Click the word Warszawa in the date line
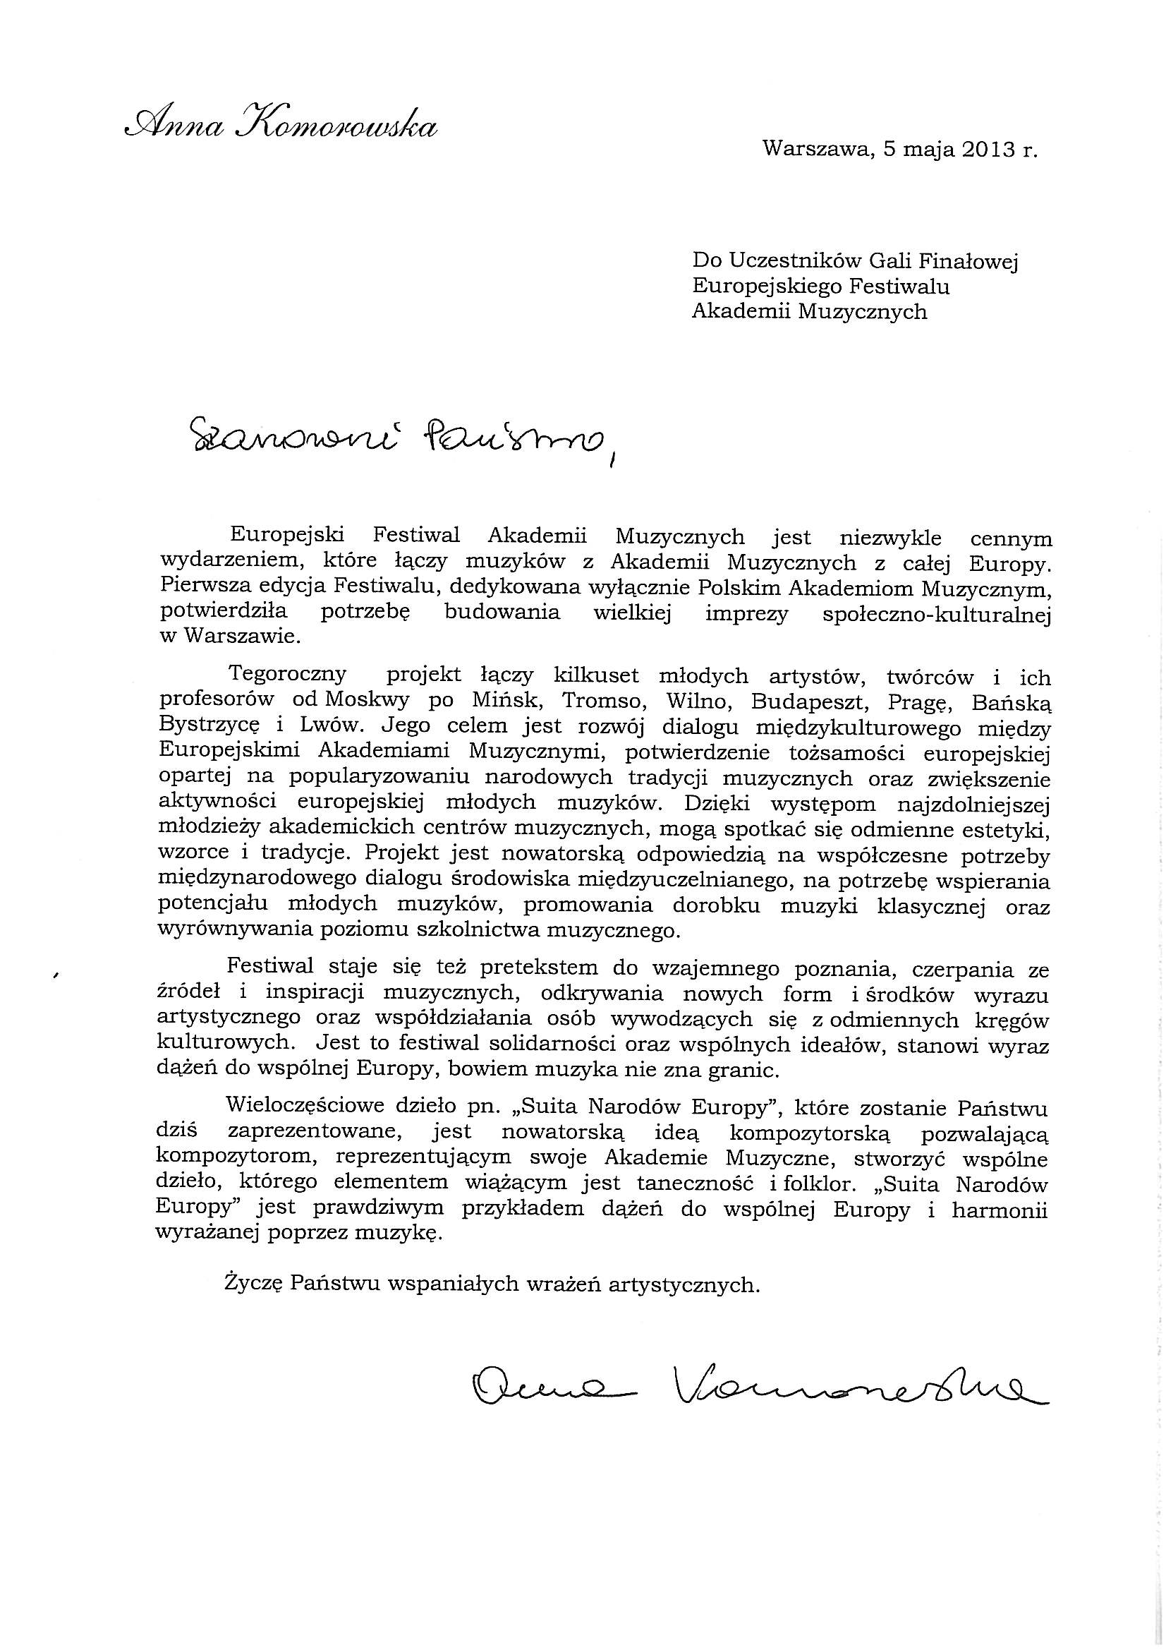817,150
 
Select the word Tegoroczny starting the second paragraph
286,675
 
